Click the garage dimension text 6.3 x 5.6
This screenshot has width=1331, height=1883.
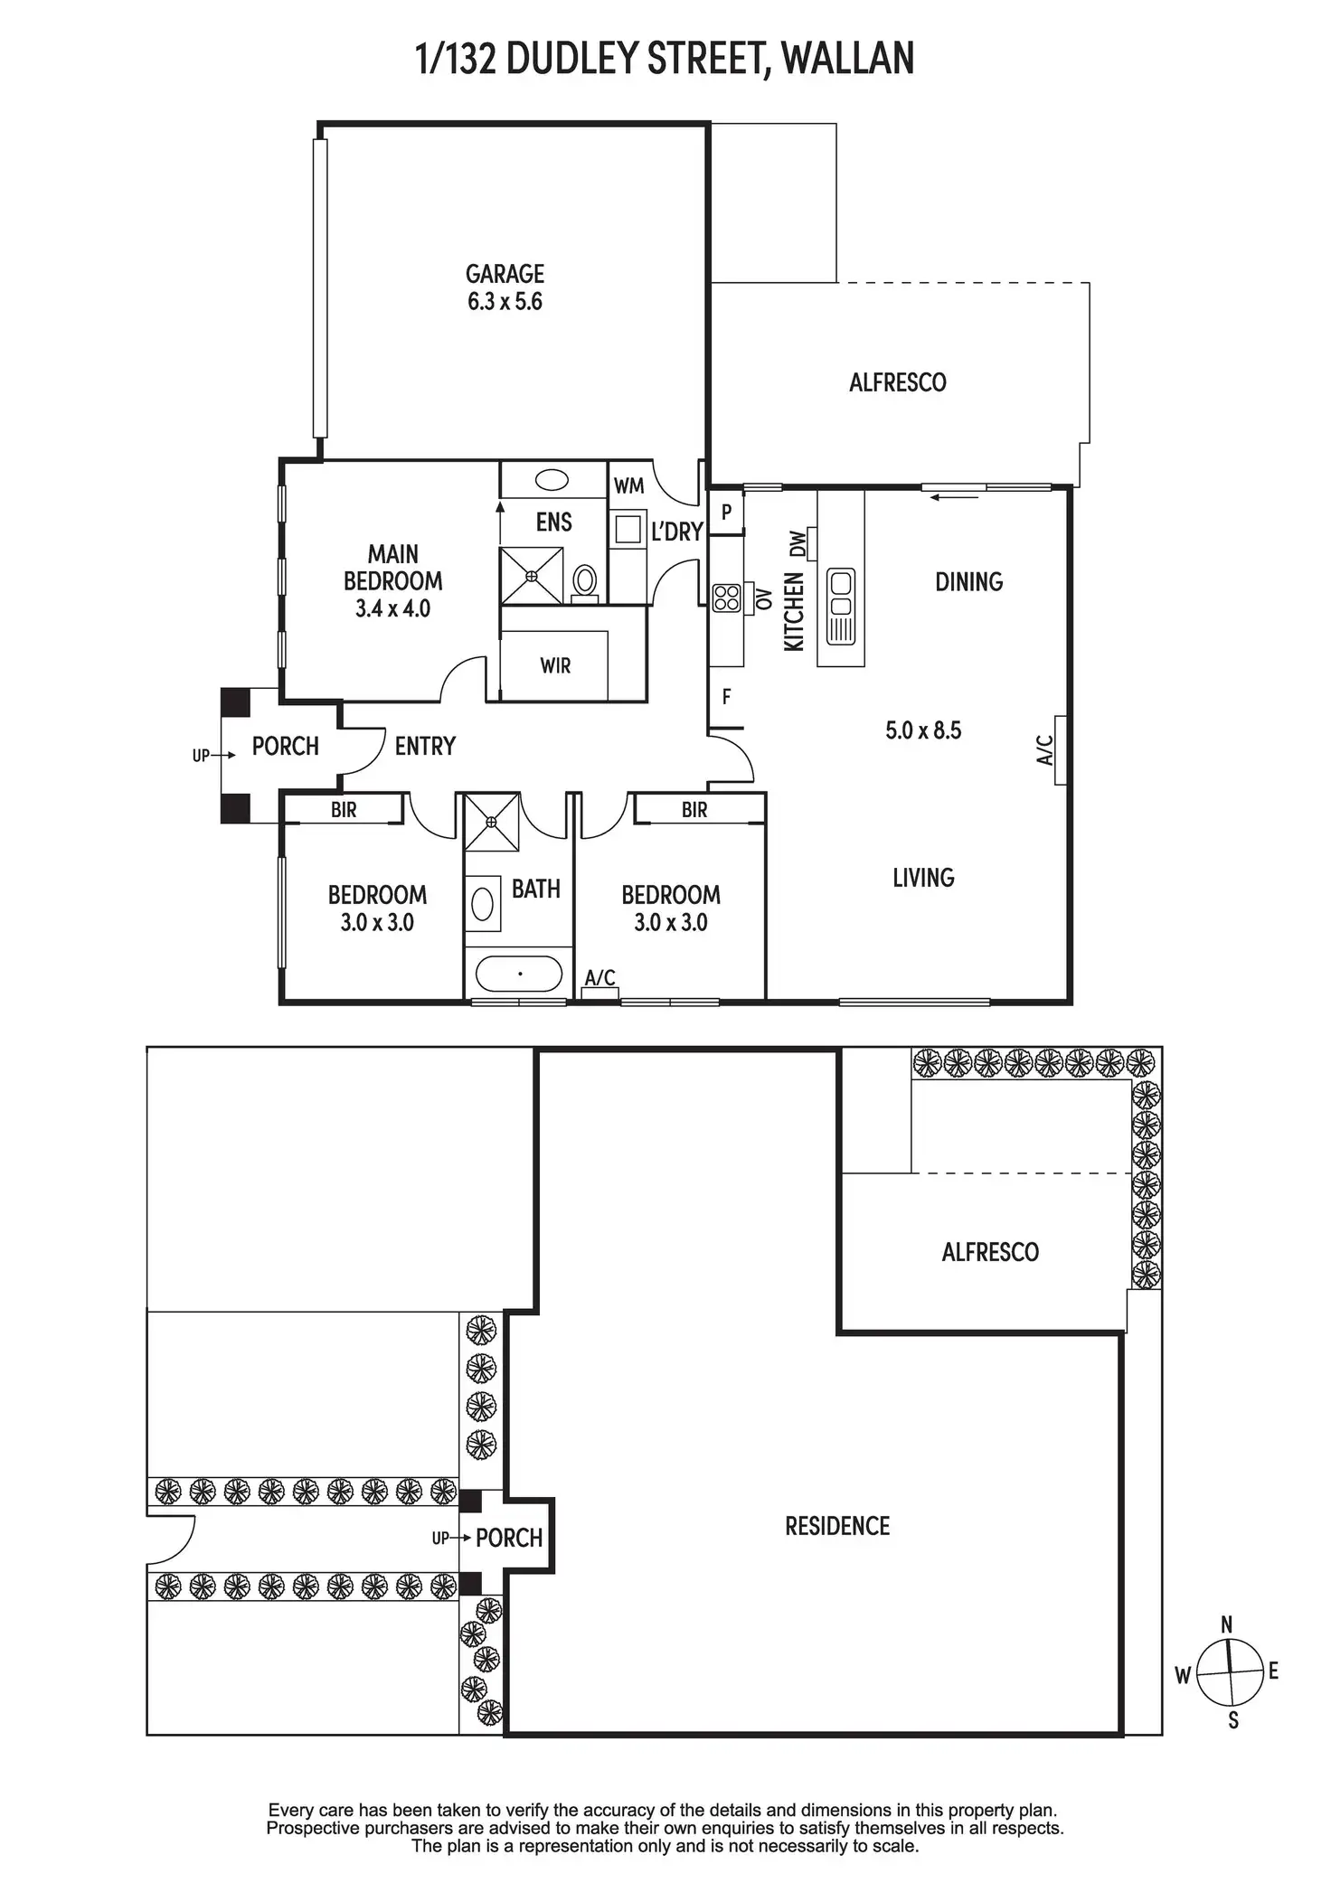[505, 302]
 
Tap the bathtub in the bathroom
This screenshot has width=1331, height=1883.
[518, 974]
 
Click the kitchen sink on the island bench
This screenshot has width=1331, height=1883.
[841, 606]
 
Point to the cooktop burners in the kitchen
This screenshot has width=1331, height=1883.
[727, 598]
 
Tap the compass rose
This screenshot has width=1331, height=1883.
[1229, 1671]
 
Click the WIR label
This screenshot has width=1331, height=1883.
[555, 666]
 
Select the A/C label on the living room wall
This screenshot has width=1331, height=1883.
[1044, 749]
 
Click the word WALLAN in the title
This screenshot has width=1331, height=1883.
[847, 59]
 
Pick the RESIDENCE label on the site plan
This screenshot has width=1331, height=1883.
[837, 1527]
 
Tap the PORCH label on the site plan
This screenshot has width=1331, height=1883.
[509, 1538]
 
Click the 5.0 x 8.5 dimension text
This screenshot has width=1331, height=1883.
[923, 730]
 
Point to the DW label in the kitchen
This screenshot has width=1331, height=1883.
[797, 543]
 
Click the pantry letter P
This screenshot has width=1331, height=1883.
[726, 513]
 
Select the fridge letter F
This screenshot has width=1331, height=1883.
[726, 697]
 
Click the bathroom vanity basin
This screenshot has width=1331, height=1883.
[483, 903]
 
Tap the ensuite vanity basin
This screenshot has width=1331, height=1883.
[552, 479]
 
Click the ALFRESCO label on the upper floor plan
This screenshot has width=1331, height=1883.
[898, 382]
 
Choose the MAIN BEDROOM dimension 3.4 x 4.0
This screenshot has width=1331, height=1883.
[392, 608]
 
